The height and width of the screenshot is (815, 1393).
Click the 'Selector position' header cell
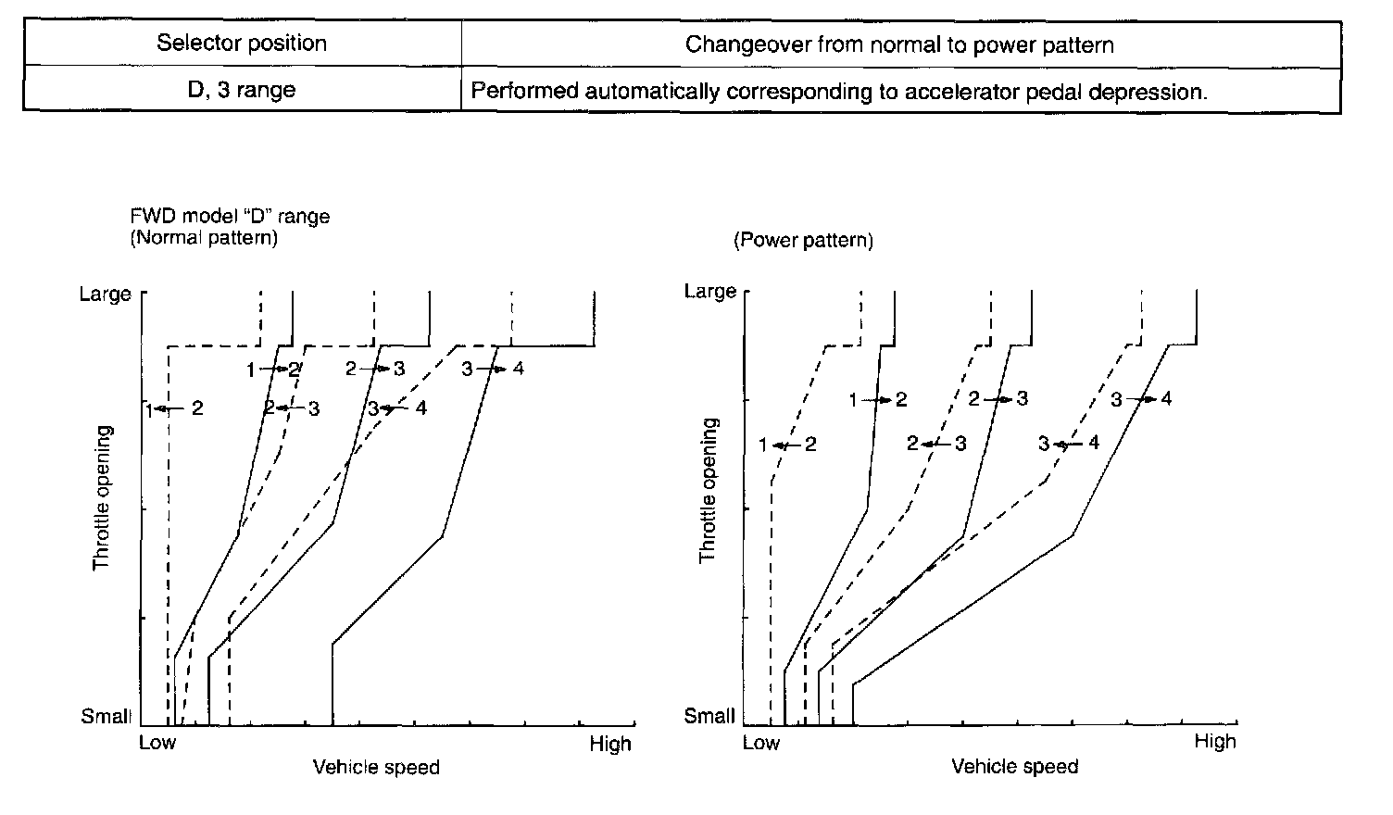pyautogui.click(x=242, y=44)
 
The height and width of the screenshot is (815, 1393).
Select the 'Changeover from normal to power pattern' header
pyautogui.click(x=899, y=44)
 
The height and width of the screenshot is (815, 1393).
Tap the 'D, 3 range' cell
pyautogui.click(x=242, y=91)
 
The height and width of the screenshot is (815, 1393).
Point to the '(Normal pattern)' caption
pyautogui.click(x=204, y=237)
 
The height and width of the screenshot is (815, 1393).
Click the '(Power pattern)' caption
pyautogui.click(x=803, y=241)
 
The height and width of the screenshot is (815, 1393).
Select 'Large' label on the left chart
pyautogui.click(x=105, y=295)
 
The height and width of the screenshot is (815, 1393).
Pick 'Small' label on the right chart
pyautogui.click(x=709, y=716)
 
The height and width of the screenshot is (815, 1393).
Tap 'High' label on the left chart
pyautogui.click(x=610, y=744)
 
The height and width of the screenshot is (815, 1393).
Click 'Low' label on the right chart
pyautogui.click(x=761, y=743)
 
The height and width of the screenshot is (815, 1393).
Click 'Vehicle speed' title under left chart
pyautogui.click(x=376, y=767)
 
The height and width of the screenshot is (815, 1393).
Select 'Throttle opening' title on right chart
pyautogui.click(x=709, y=491)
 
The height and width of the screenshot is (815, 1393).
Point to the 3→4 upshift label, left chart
pyautogui.click(x=493, y=369)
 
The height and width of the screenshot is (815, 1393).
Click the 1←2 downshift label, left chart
pyautogui.click(x=174, y=407)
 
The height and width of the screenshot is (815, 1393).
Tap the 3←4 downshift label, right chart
pyautogui.click(x=1068, y=444)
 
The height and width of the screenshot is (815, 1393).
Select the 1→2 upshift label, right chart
pyautogui.click(x=878, y=400)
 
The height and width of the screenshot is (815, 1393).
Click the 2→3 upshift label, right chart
pyautogui.click(x=998, y=399)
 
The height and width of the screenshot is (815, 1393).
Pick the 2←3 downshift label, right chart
pyautogui.click(x=936, y=444)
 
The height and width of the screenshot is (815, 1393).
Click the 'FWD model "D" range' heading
pyautogui.click(x=231, y=217)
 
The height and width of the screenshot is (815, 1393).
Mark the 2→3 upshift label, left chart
pyautogui.click(x=375, y=369)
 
